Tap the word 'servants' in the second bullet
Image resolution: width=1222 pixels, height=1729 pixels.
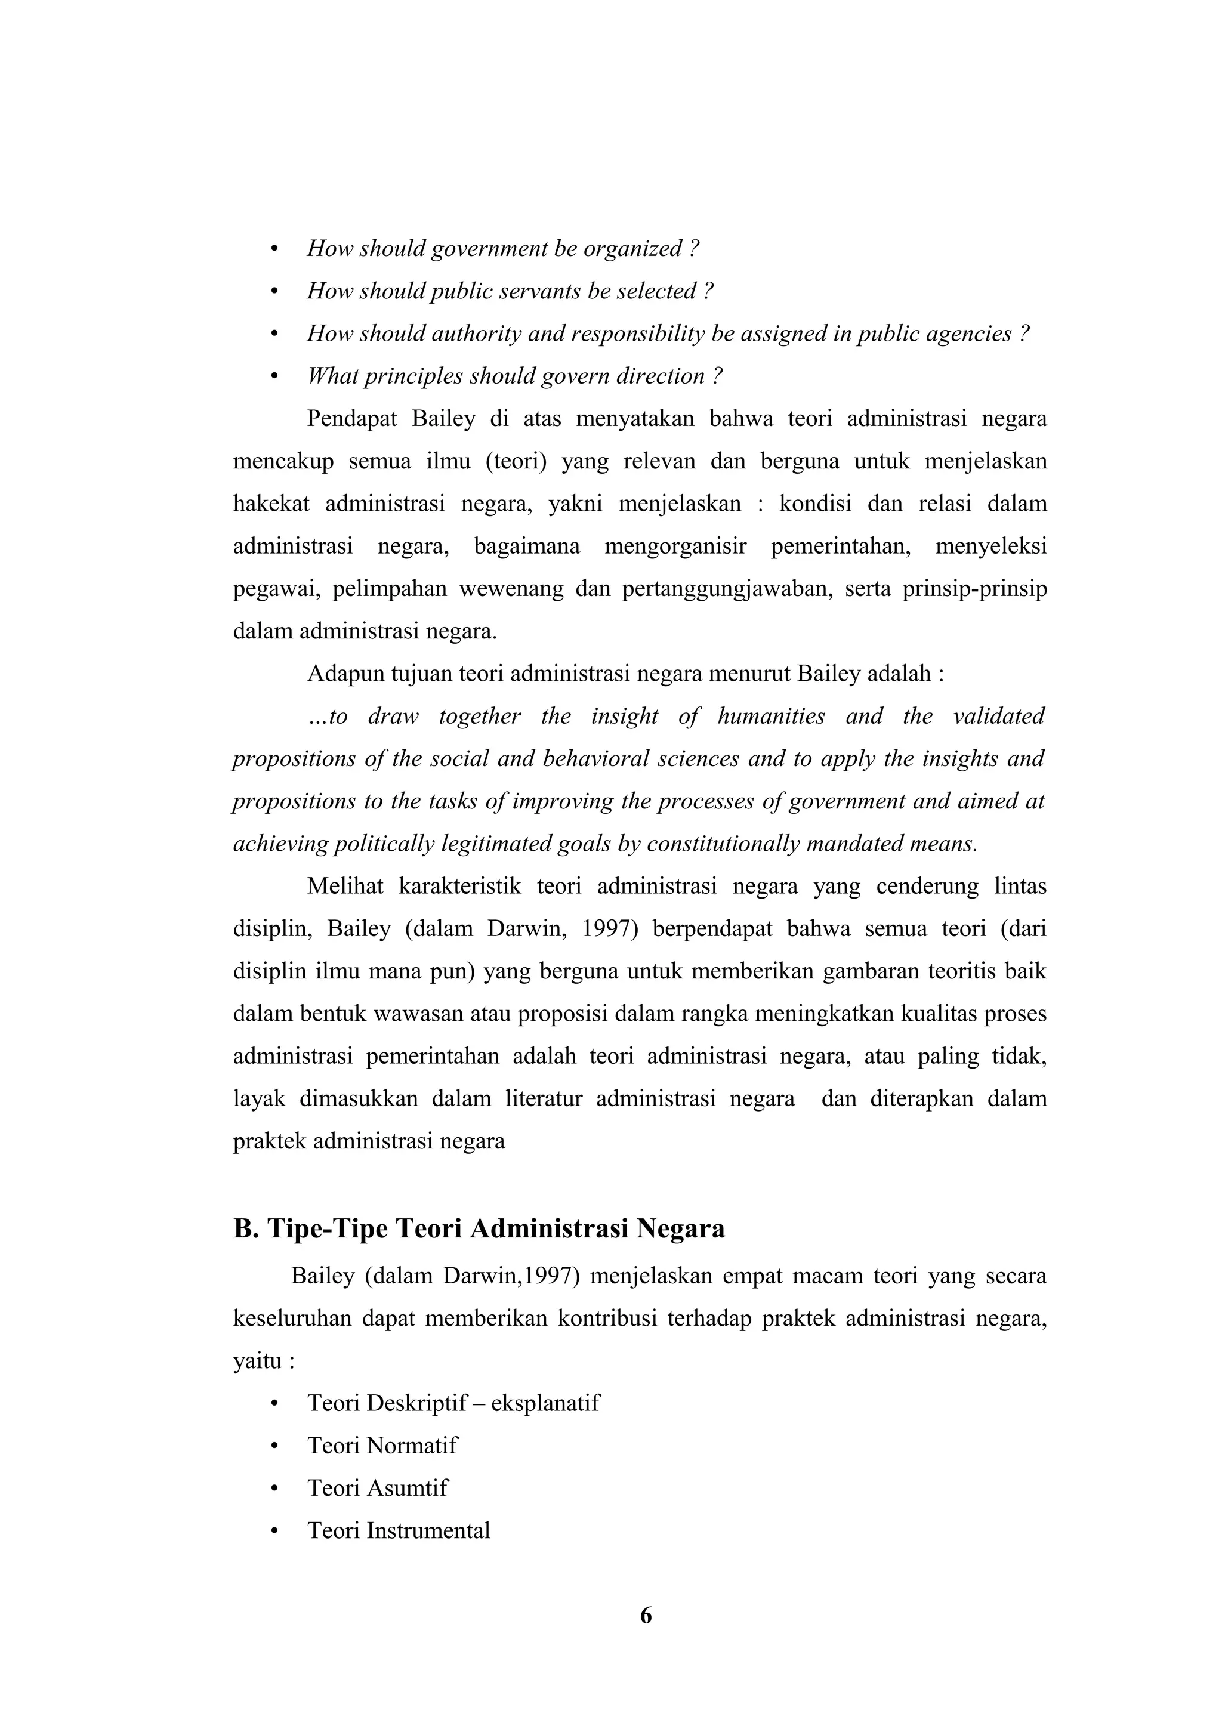[x=541, y=291]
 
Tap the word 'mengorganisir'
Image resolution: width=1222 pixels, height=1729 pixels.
[x=675, y=546]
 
